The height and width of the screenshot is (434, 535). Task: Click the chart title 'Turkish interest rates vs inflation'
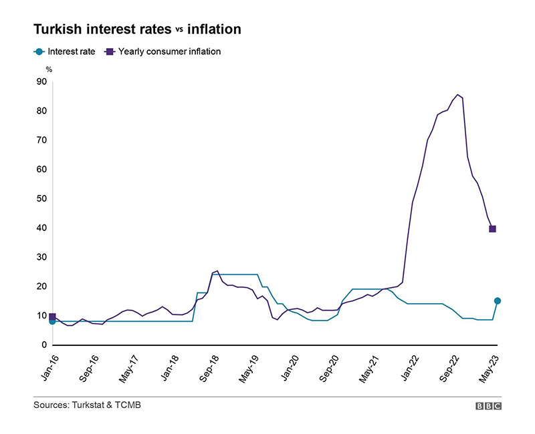[x=137, y=29]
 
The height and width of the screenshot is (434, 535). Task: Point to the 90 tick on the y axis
[x=41, y=81]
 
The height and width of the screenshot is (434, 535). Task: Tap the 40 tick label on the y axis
[x=41, y=228]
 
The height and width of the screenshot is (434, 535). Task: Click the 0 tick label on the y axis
[x=44, y=345]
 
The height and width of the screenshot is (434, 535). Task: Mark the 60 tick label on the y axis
[x=41, y=169]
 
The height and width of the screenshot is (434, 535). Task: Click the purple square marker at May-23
[x=492, y=229]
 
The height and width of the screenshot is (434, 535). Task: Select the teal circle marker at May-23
[x=497, y=301]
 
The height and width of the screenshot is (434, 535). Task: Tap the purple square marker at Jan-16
[x=52, y=316]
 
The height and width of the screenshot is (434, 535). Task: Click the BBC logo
[x=488, y=405]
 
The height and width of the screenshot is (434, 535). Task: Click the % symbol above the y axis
[x=48, y=69]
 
